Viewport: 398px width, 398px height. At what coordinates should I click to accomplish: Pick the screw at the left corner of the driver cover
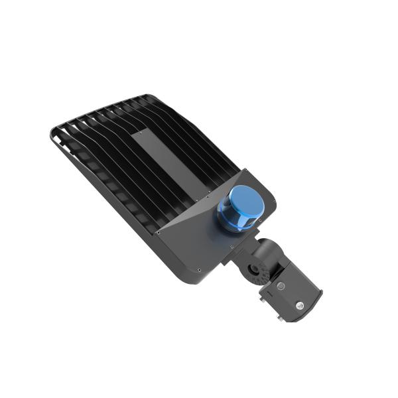pyautogui.click(x=159, y=232)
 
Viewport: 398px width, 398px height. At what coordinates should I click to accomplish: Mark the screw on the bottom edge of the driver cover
pyautogui.click(x=198, y=269)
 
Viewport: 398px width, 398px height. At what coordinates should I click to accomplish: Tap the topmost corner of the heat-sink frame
pyautogui.click(x=147, y=96)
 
